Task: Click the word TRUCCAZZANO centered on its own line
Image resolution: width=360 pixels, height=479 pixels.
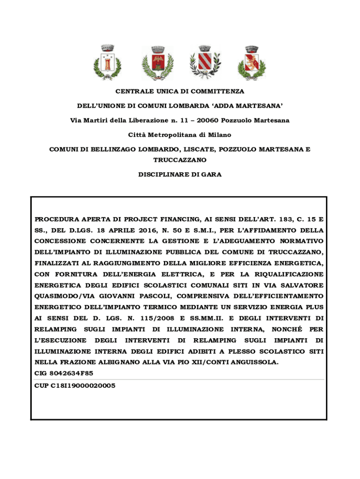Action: pos(180,160)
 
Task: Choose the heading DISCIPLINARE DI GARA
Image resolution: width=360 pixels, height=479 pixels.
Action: pos(180,174)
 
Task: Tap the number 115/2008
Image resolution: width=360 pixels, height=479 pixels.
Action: pos(145,318)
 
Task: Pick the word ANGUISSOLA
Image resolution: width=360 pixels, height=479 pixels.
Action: pos(254,362)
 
